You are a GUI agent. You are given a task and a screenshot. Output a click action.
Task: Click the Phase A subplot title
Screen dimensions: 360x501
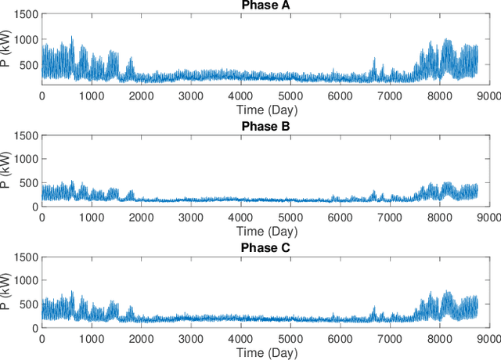(264, 6)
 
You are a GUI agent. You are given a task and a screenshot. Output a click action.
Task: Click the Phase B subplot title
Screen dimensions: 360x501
(264, 127)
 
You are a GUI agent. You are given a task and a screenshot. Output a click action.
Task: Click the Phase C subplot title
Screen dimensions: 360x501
(264, 249)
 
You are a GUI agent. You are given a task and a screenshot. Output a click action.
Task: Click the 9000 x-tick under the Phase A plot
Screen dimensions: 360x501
(488, 95)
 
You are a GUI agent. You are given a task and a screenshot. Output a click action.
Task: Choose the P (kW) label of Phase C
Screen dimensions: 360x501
(7, 293)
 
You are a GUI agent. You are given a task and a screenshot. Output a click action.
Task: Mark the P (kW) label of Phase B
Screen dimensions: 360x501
(7, 171)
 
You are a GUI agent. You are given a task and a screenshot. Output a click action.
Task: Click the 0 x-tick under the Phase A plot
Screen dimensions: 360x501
(41, 95)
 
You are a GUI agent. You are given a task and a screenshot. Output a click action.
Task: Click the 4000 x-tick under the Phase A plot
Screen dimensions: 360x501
(240, 95)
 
